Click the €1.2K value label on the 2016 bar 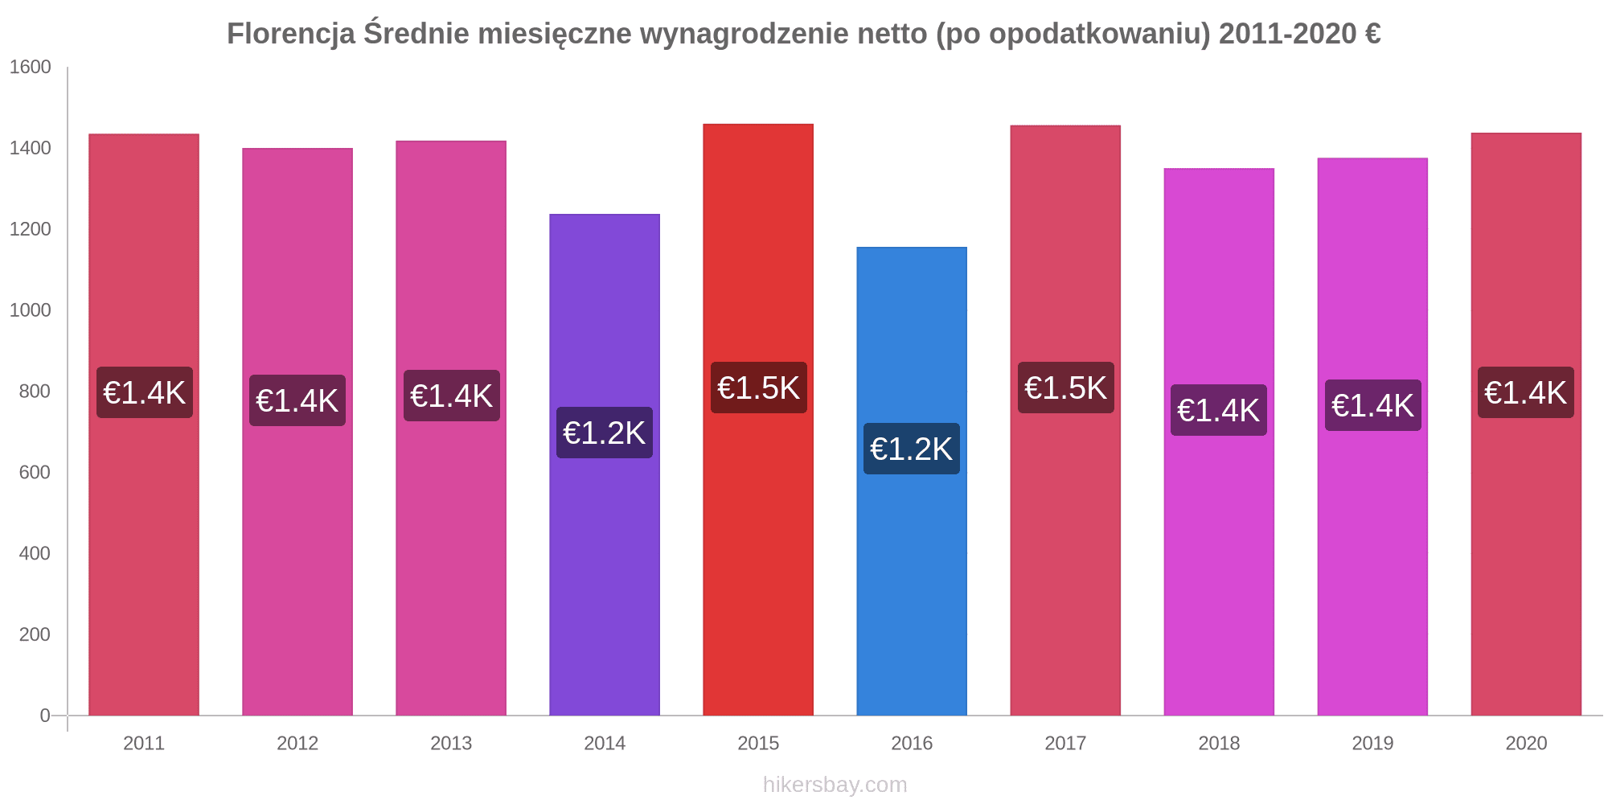[x=912, y=449]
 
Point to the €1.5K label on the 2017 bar [x=1065, y=388]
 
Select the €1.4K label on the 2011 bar [x=145, y=392]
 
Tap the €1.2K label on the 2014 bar [x=605, y=433]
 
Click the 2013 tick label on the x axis [x=451, y=743]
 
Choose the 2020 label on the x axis [x=1526, y=743]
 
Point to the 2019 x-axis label [x=1372, y=743]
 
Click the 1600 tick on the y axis [x=31, y=67]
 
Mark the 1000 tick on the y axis [x=31, y=310]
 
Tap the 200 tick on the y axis [x=35, y=634]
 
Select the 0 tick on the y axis [x=45, y=716]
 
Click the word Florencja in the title [x=291, y=34]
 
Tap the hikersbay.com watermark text [x=835, y=784]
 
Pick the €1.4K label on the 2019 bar [x=1372, y=405]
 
